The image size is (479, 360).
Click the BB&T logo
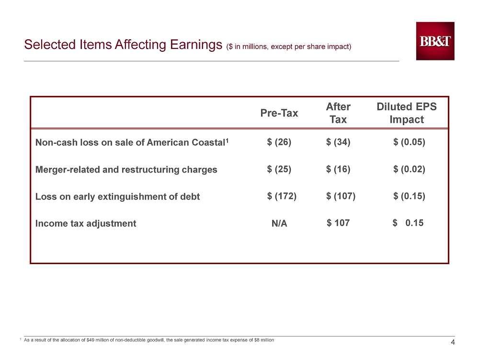(x=435, y=41)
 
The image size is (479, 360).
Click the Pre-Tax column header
(x=279, y=113)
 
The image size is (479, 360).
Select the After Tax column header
(x=338, y=113)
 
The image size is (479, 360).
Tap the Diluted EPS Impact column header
(x=407, y=113)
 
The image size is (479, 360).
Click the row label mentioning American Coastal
(x=132, y=142)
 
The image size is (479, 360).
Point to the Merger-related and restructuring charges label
(x=126, y=169)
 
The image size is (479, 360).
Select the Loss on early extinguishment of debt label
(x=118, y=196)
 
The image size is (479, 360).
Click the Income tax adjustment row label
(x=86, y=223)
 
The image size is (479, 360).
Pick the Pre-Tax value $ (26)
(x=279, y=142)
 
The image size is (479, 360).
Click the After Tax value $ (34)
(x=338, y=142)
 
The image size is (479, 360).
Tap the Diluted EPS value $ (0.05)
(x=410, y=142)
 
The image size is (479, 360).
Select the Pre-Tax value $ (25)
(x=279, y=169)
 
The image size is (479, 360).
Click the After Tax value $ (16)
(x=338, y=169)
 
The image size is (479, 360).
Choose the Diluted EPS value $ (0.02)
(x=410, y=169)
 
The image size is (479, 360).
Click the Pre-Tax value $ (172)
(x=282, y=196)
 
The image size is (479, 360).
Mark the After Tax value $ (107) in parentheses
(x=341, y=196)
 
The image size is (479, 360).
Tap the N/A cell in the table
(x=279, y=223)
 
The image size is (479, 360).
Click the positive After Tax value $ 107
(x=338, y=223)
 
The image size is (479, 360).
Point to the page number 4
(x=453, y=342)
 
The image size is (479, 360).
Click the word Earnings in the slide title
(x=196, y=45)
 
